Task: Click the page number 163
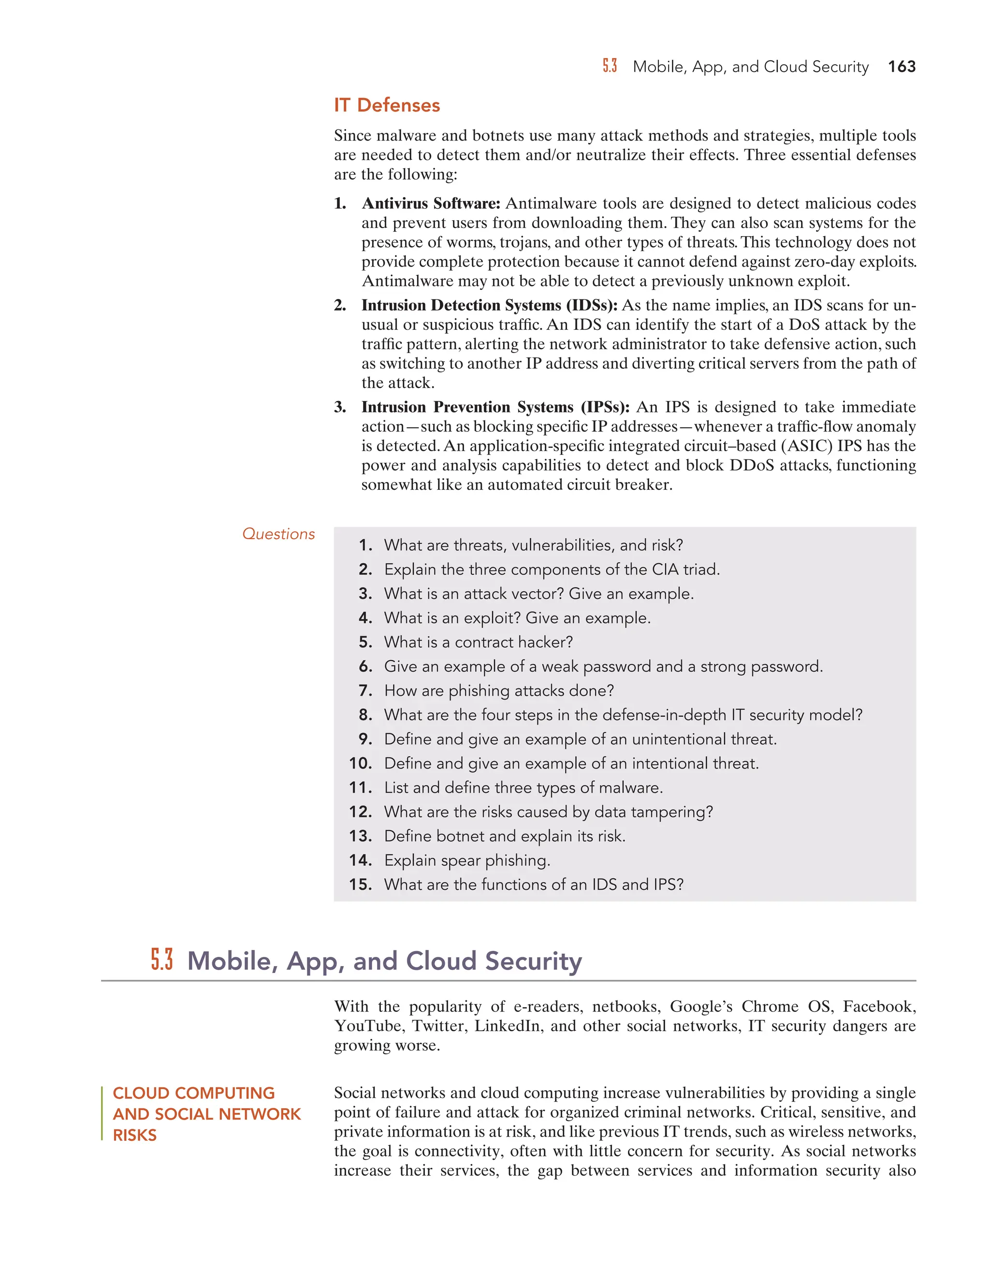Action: [902, 67]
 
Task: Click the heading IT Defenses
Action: [387, 105]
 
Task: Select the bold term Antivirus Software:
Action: [431, 203]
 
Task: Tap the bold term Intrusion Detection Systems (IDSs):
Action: [489, 305]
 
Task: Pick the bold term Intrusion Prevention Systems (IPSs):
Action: [495, 407]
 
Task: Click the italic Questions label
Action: [278, 534]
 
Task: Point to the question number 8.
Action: [366, 715]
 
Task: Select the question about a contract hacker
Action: [478, 642]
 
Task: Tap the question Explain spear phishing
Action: [467, 860]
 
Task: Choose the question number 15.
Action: [360, 884]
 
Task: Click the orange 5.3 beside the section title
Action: [162, 961]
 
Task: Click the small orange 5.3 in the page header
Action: [610, 66]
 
